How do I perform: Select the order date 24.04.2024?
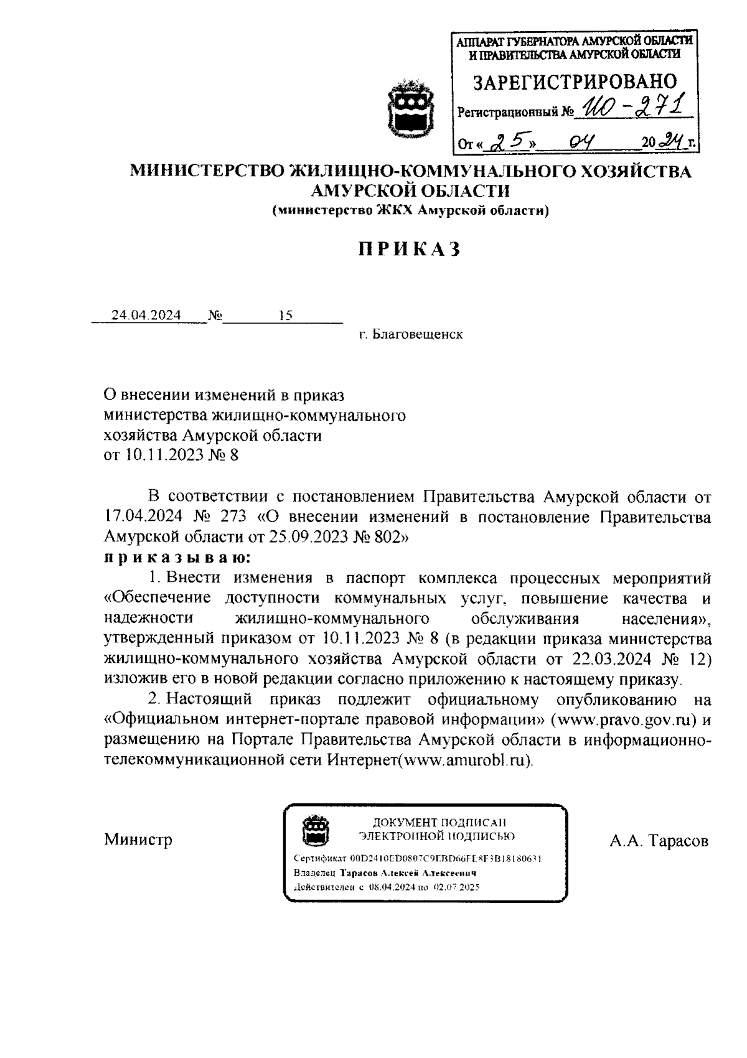[x=146, y=315]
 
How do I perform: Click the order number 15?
[x=286, y=315]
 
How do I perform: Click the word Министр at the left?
[x=138, y=840]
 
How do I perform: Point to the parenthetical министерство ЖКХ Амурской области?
[x=411, y=212]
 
